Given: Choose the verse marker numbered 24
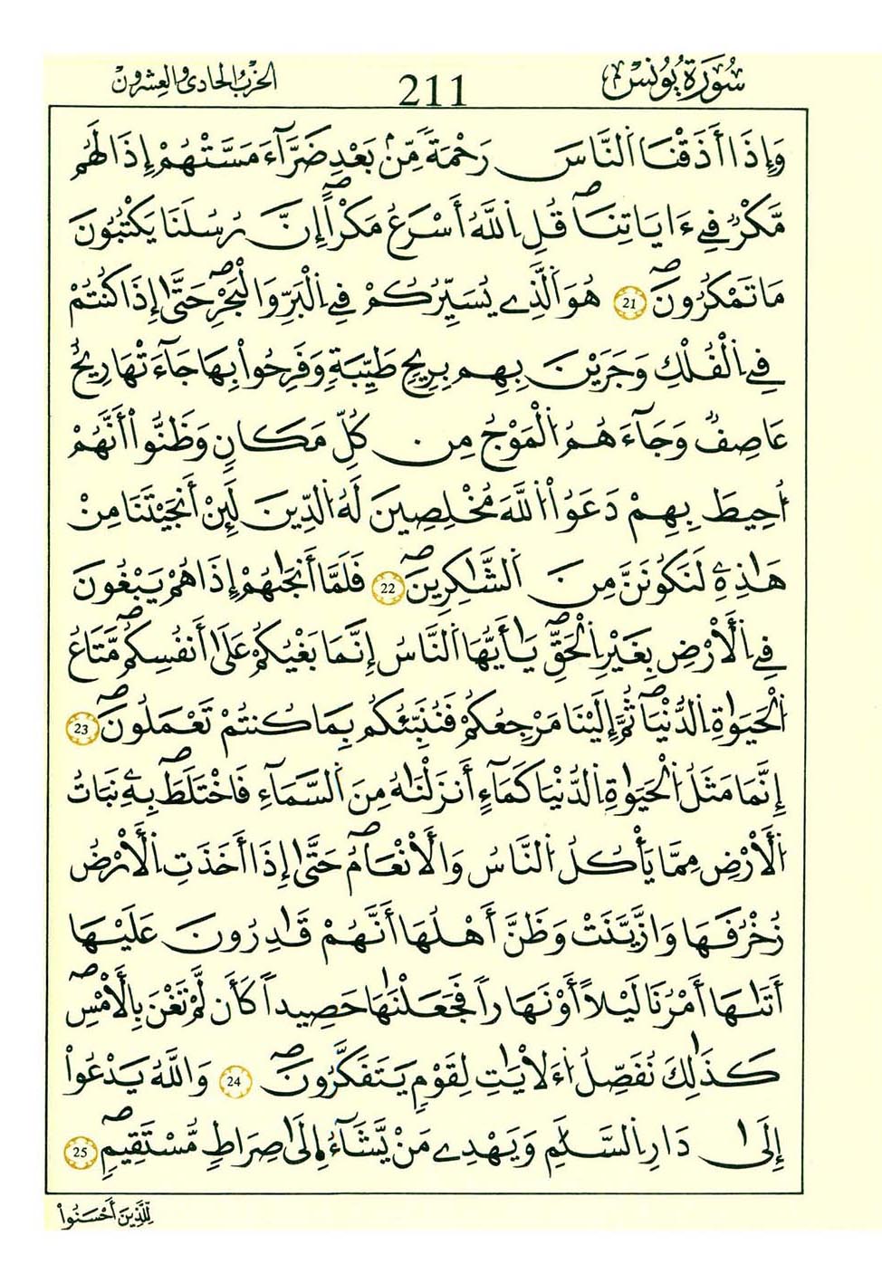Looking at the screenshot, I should tap(235, 1081).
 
